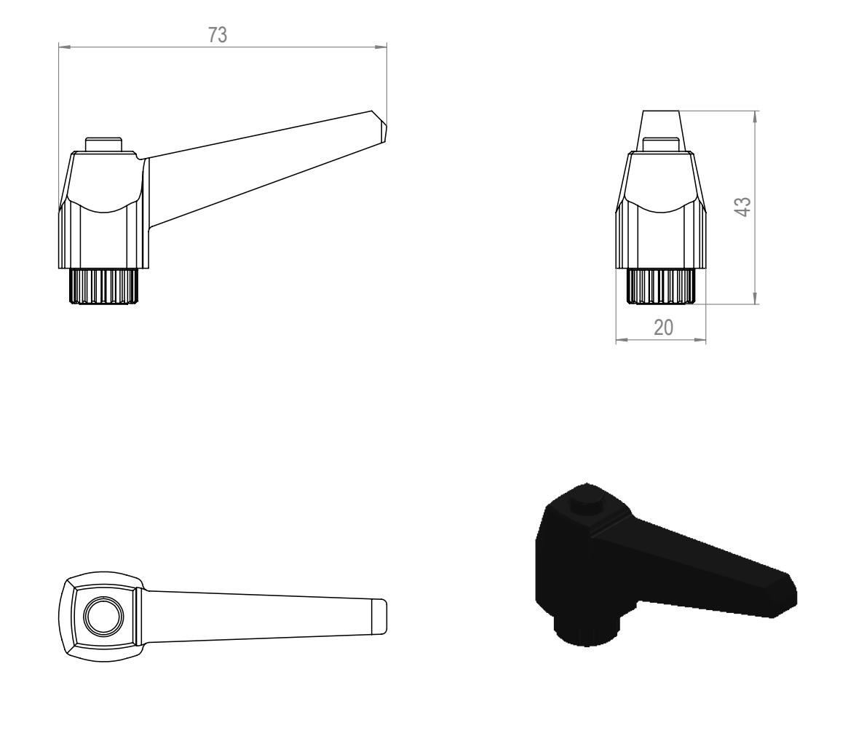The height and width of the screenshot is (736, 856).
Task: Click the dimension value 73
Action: (217, 35)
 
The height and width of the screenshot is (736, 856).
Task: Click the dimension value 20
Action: (663, 327)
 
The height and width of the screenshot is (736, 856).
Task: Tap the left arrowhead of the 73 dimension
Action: (64, 47)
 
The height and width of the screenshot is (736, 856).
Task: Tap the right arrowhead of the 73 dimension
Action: (381, 47)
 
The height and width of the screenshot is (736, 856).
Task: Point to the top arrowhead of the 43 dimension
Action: (755, 117)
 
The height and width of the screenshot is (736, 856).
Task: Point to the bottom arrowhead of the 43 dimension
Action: (755, 298)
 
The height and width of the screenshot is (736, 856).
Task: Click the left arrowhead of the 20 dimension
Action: (622, 339)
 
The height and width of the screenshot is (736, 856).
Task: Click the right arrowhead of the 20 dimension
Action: (700, 339)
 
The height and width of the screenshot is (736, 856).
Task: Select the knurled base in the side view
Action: (103, 285)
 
